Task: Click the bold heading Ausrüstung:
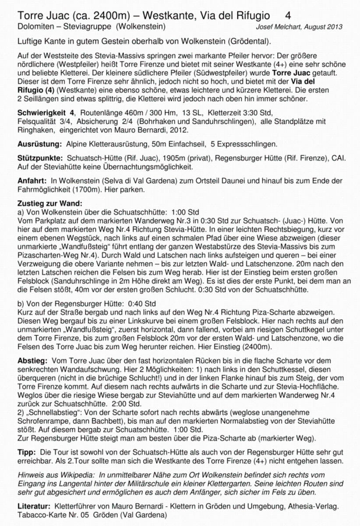click(39, 144)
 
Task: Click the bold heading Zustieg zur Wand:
click(50, 203)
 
